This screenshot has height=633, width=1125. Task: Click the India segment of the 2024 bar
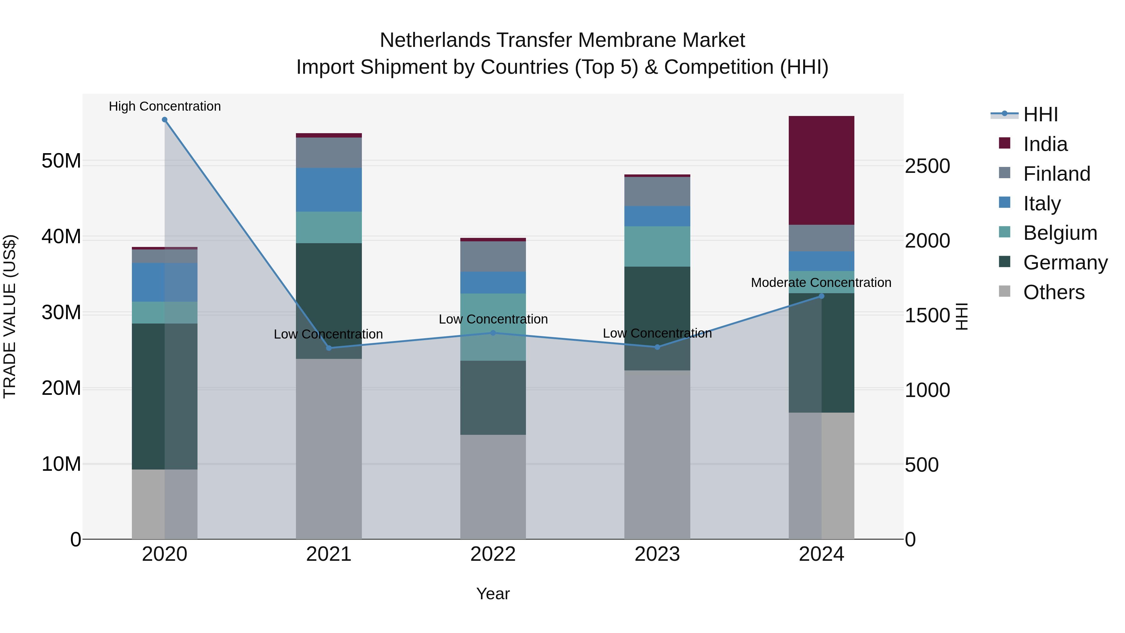(x=821, y=170)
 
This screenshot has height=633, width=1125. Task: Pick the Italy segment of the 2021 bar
(x=329, y=190)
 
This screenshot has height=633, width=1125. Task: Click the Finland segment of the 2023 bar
(x=657, y=191)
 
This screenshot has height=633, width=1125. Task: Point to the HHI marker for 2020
(x=165, y=120)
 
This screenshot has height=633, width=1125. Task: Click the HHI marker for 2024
(x=821, y=296)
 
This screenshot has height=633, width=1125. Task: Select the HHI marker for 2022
(x=493, y=333)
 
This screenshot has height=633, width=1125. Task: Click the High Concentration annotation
(x=165, y=106)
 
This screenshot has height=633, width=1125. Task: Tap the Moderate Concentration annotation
(x=821, y=283)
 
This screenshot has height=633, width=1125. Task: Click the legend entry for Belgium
(x=1060, y=233)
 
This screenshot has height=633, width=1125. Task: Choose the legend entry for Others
(x=1053, y=292)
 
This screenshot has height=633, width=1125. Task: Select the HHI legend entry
(x=1040, y=114)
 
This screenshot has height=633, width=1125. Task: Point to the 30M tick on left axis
(x=61, y=312)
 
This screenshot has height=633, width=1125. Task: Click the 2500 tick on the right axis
(x=927, y=166)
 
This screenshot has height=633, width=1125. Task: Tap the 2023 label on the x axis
(x=657, y=554)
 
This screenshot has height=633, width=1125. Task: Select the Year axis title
(x=493, y=594)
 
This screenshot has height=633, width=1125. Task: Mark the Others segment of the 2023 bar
(x=657, y=454)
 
